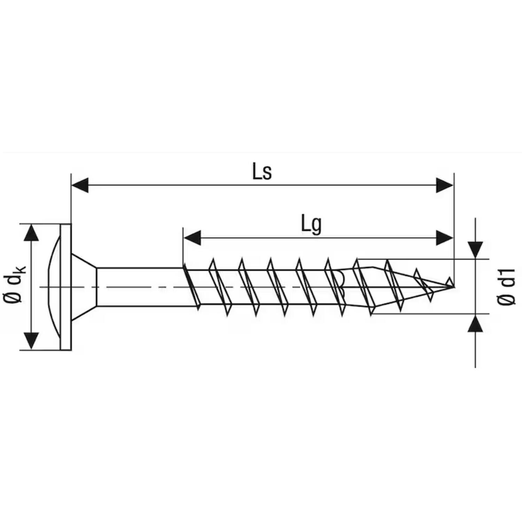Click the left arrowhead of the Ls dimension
click(x=80, y=185)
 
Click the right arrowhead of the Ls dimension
click(x=445, y=185)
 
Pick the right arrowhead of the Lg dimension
click(x=445, y=238)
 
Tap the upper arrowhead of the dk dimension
click(x=31, y=233)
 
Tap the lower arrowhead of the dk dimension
click(x=31, y=341)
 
